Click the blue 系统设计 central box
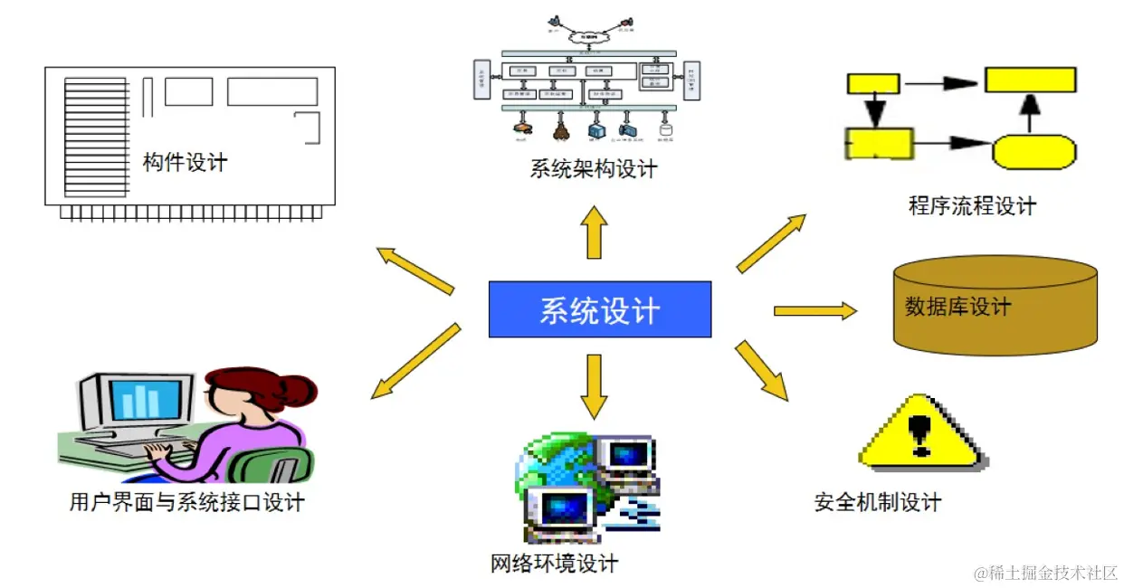[x=599, y=309]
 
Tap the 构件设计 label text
[x=185, y=163]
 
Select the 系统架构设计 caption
[x=594, y=169]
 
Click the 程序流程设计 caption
[x=972, y=206]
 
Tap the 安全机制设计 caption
[x=878, y=502]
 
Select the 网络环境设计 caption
[x=554, y=564]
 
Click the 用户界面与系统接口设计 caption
[x=186, y=502]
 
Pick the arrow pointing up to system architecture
[x=595, y=231]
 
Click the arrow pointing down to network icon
[x=594, y=385]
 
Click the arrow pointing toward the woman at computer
[x=416, y=362]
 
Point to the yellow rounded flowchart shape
[x=1034, y=150]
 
